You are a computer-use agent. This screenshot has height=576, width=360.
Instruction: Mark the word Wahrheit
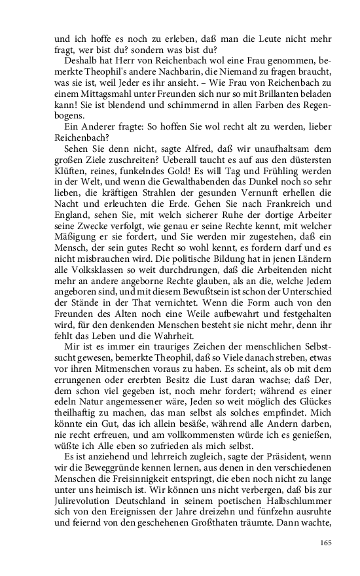[167, 334]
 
